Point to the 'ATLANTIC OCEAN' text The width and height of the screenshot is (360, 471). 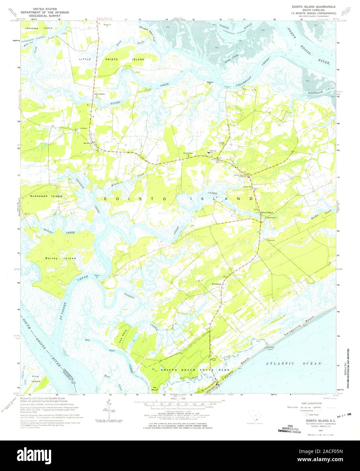(x=293, y=364)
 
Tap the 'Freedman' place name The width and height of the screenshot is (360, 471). (x=216, y=284)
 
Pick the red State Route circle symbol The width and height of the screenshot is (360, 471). (x=307, y=414)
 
